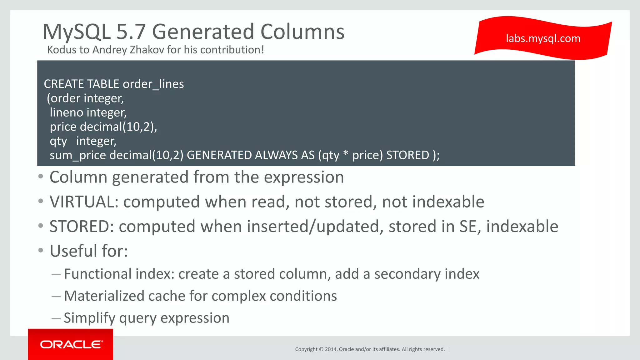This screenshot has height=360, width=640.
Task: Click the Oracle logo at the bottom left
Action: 71,344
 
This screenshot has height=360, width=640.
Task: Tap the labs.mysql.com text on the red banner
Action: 543,38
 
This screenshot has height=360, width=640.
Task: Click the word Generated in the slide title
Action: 203,32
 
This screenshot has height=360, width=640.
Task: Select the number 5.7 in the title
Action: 131,32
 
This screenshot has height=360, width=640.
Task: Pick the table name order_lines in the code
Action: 153,84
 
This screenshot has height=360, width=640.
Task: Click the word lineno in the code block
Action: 66,112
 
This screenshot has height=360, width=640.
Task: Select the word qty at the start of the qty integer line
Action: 58,141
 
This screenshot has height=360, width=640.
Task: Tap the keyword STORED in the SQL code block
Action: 407,155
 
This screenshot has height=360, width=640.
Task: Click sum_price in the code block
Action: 77,155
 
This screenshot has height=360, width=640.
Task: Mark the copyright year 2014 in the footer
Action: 330,349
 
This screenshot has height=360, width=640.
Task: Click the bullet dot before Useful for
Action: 41,250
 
